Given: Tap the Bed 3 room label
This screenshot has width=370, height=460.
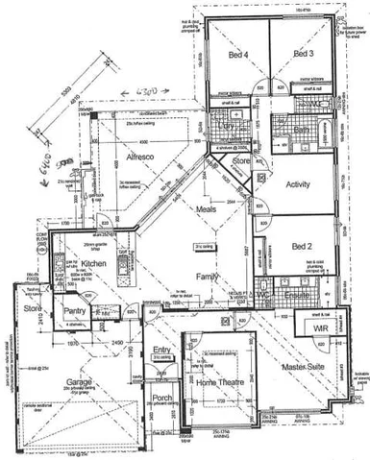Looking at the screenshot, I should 305,54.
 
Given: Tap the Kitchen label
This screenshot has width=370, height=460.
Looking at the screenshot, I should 92,262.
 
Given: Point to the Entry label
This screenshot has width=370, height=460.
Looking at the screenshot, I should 160,349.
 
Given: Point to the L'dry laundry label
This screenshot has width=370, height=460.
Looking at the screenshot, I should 229,126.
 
